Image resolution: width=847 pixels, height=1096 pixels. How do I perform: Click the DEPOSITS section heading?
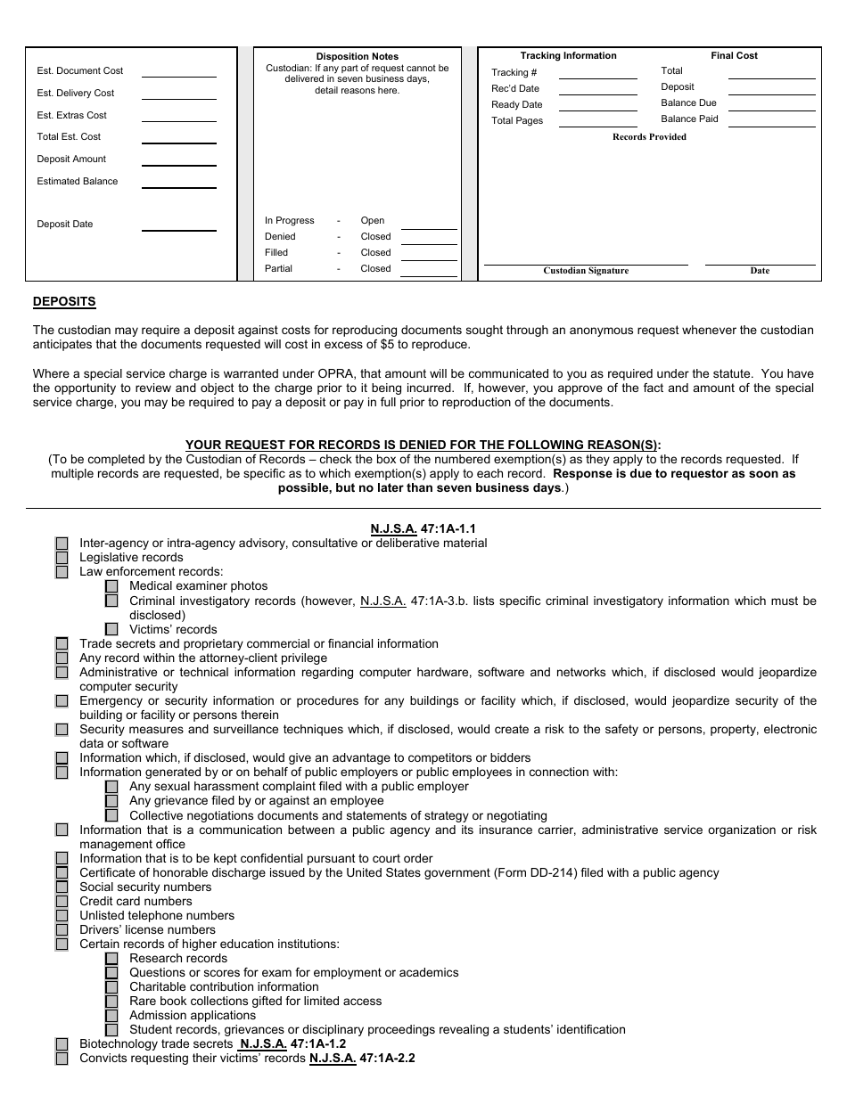coord(64,302)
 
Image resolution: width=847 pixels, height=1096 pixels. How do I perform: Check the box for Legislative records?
coord(62,558)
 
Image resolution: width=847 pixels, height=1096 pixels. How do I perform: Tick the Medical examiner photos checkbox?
coord(111,586)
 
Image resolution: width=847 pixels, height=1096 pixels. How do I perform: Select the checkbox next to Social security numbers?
coord(62,887)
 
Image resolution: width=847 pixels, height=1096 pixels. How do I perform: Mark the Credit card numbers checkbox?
coord(62,902)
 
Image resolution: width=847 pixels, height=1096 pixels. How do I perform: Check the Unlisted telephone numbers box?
coord(62,916)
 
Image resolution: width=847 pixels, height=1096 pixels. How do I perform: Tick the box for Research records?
coord(111,959)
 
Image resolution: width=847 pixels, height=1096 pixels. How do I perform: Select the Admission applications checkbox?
coord(111,1016)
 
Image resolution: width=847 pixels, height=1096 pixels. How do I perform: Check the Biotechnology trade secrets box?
coord(62,1044)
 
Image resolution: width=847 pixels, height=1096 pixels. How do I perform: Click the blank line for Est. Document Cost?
coord(178,75)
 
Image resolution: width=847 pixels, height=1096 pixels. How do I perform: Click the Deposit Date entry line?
coord(178,229)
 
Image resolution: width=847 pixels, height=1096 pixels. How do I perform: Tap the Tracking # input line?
coord(597,78)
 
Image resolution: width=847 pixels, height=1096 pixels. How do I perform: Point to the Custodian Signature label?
coord(586,271)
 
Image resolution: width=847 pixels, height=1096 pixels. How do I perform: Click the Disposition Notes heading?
coord(358,57)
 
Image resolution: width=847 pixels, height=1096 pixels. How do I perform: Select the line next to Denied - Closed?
coord(429,241)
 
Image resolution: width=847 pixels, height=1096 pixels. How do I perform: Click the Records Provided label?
coord(649,137)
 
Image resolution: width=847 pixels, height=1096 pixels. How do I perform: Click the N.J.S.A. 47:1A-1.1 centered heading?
coord(423,528)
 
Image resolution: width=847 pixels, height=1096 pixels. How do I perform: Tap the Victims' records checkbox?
coord(111,629)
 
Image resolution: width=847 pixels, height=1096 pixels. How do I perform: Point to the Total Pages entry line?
coord(597,126)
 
